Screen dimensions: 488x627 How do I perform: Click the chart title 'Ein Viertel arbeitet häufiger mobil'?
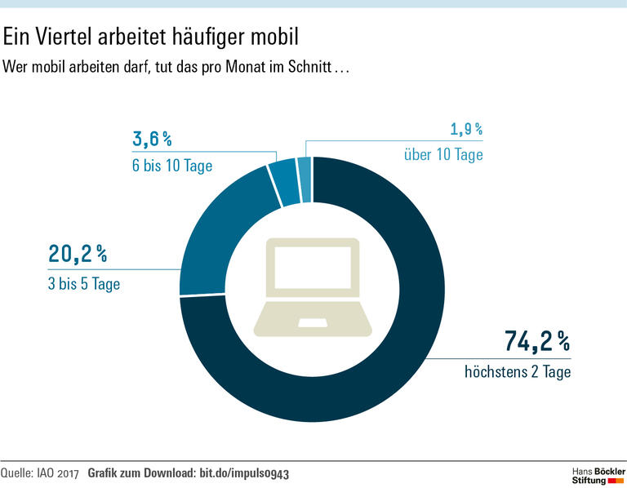pos(152,37)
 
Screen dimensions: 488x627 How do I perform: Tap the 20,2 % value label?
pos(78,254)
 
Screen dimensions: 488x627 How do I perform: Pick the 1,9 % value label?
pos(466,129)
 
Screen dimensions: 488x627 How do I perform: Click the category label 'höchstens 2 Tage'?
pos(518,373)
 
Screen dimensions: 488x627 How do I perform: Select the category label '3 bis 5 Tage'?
pos(85,284)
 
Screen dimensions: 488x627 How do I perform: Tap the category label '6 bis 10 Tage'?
pos(171,166)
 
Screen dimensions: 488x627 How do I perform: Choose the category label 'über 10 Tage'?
pos(443,153)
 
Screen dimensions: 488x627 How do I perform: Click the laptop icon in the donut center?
pos(313,287)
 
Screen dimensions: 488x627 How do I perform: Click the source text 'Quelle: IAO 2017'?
pos(41,472)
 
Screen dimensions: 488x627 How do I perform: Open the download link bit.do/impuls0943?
pos(244,472)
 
